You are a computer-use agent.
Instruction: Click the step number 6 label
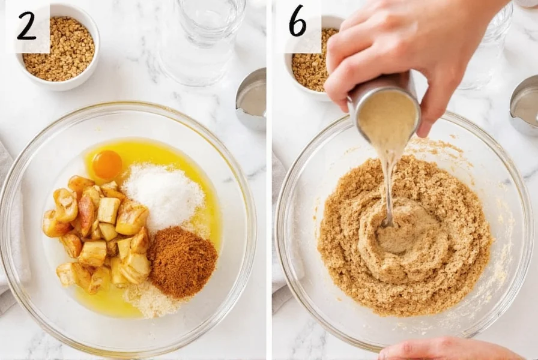[298, 22]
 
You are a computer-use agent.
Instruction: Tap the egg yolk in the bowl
[107, 164]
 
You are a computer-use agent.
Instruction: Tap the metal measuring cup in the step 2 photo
[252, 99]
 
